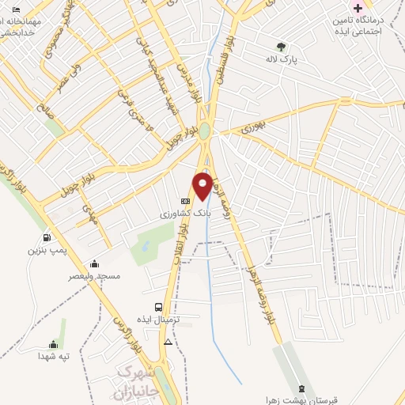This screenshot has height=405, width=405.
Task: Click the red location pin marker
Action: pos(203,186)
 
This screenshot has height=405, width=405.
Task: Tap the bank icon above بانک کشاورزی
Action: pos(185,201)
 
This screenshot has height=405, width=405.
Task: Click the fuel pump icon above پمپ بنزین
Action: pos(47,237)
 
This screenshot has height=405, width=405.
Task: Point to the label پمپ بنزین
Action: pos(44,250)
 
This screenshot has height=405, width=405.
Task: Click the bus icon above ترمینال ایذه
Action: pos(159,307)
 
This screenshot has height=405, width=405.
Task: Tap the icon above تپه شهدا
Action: pos(54,344)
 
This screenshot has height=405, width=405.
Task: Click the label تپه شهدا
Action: pos(55,357)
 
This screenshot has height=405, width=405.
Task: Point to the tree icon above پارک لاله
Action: pos(281,45)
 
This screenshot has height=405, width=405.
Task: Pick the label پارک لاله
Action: pos(282,59)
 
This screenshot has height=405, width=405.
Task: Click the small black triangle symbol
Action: pos(168,343)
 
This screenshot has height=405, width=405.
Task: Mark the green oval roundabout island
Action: pos(205,131)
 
